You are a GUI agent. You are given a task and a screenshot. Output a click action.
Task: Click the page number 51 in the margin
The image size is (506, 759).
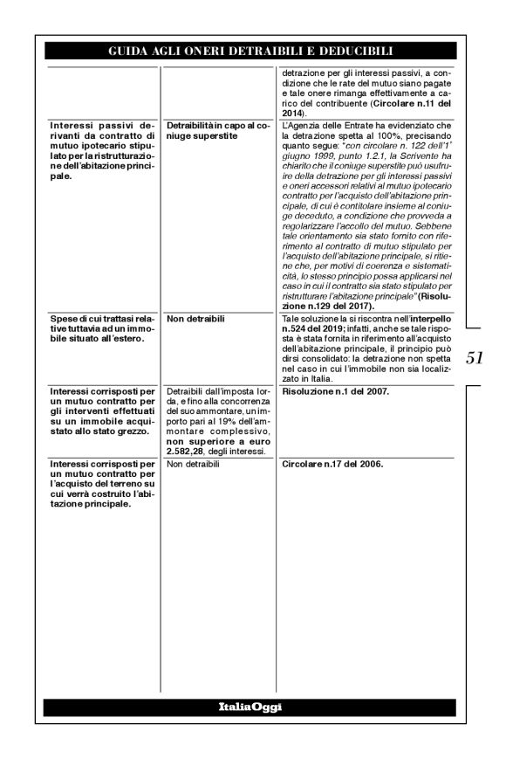click(475, 358)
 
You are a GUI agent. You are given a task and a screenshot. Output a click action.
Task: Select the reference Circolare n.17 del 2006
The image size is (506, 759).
click(330, 464)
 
